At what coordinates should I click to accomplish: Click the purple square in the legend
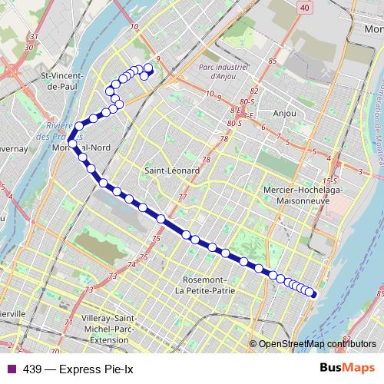10,368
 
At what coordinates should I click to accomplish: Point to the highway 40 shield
306,8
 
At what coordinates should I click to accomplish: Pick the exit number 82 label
254,91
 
